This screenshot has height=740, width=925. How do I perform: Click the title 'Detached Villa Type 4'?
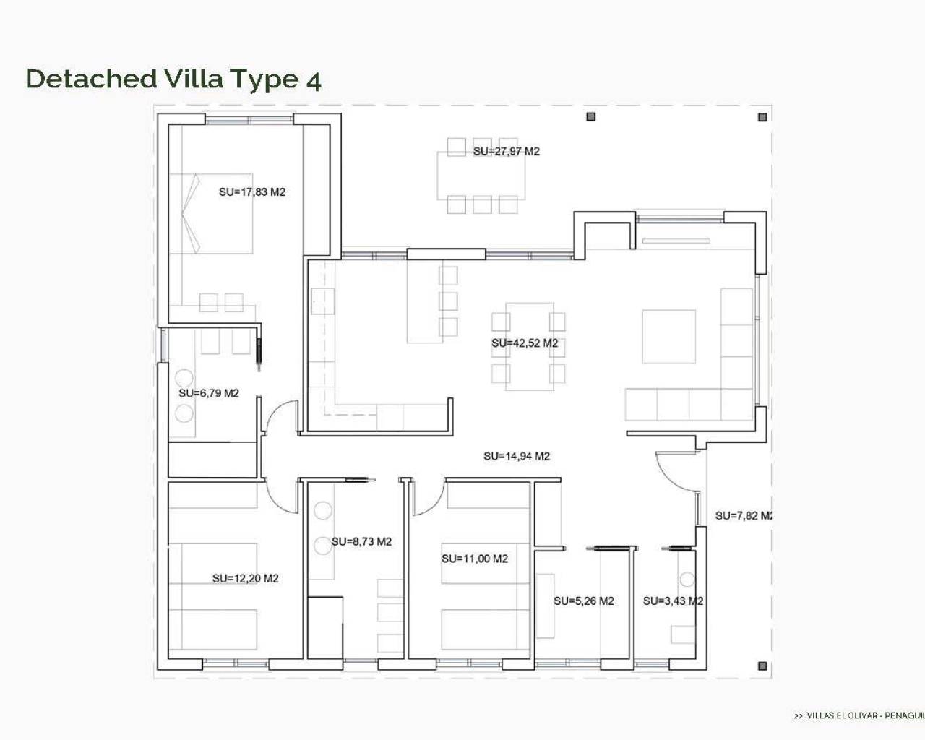tap(173, 78)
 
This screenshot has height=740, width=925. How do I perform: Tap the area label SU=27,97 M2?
tap(506, 151)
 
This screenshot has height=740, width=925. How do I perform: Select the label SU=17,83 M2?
tap(252, 192)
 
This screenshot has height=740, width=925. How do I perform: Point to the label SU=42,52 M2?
tap(525, 343)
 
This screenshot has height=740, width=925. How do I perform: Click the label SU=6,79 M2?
tap(209, 393)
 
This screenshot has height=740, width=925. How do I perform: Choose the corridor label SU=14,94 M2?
tap(517, 456)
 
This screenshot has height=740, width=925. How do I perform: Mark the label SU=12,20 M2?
tap(245, 578)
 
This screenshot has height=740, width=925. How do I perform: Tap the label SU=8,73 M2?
tap(361, 541)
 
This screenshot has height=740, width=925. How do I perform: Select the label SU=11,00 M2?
tap(475, 559)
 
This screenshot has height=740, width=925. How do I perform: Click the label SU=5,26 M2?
tap(584, 601)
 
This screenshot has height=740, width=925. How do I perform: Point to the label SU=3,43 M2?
tap(673, 601)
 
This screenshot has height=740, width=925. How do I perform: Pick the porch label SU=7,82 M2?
tap(744, 515)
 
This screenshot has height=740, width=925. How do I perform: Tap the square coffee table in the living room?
tap(669, 336)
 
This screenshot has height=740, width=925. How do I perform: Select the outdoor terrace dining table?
tap(481, 176)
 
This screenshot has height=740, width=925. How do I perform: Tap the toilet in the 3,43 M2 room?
tap(686, 580)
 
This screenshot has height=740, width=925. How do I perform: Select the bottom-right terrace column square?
tap(762, 666)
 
